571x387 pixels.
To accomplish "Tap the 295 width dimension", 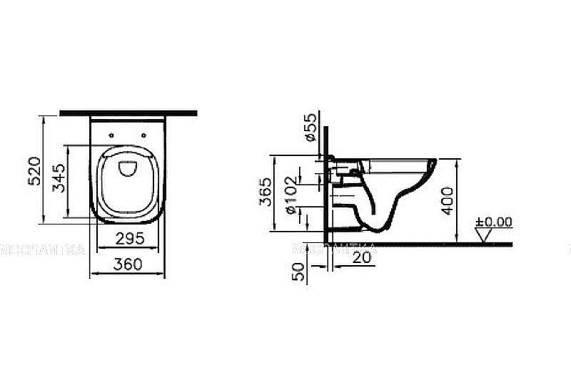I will tap(130, 237).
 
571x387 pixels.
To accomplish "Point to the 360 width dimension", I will tap(128, 264).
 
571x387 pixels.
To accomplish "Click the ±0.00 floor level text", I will tap(495, 222).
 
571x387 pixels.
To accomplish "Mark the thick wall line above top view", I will tap(128, 112).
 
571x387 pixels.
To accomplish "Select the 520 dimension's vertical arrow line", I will tap(44, 171).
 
